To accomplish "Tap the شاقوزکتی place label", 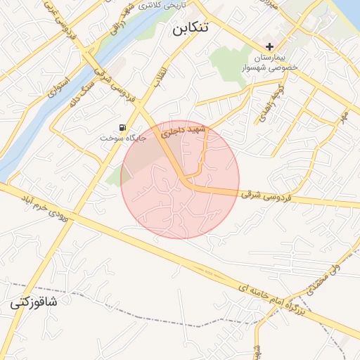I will (34, 304).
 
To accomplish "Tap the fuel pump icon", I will (124, 127).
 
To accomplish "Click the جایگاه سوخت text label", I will (122, 139).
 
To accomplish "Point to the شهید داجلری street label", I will (181, 131).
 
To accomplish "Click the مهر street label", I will (344, 115).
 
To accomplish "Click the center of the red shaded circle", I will (180, 180).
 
